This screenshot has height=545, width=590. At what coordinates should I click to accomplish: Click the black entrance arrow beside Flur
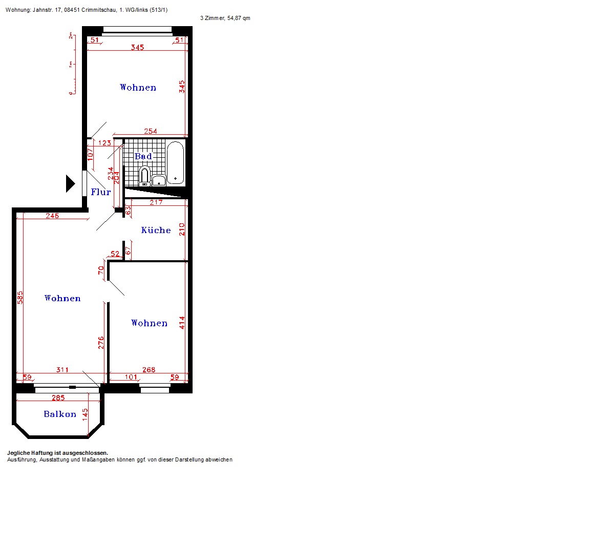70,184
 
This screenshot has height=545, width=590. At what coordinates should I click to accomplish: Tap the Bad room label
143,156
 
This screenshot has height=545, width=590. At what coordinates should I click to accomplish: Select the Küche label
156,230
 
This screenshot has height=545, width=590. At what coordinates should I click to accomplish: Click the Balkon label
60,414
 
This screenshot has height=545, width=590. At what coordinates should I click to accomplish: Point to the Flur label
101,192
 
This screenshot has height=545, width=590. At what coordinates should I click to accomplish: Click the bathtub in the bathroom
175,162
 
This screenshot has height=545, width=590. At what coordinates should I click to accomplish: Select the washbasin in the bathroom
159,181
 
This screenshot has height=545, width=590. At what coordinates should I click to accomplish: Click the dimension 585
20,297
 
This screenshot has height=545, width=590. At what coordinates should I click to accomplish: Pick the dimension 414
182,323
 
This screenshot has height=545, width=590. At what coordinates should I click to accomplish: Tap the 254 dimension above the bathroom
151,131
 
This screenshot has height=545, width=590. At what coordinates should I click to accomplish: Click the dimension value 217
156,202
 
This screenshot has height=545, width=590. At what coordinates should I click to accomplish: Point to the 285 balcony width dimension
58,397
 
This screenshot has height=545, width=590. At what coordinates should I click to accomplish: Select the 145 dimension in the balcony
85,414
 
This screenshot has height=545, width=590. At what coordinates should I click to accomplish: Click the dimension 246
52,216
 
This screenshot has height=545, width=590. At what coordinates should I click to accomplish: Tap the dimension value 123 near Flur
104,143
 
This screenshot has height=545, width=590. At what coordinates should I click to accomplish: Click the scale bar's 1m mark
70,65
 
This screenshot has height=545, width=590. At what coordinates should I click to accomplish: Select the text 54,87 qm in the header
239,18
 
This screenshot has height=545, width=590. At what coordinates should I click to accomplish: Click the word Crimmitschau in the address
99,10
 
